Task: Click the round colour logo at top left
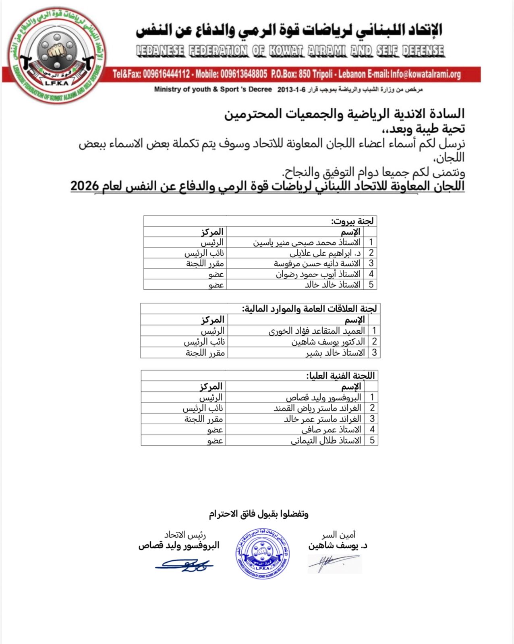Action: pos(57,56)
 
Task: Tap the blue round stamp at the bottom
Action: pos(262,554)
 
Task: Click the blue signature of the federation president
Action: pos(184,565)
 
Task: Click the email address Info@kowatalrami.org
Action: pos(425,74)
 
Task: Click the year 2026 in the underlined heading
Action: pos(85,186)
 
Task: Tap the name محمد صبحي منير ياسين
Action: pos(306,242)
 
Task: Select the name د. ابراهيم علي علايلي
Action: pos(325,253)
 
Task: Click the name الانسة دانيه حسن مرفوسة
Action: pos(317,264)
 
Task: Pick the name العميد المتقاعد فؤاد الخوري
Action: pos(317,331)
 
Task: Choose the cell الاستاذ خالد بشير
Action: pos(335,353)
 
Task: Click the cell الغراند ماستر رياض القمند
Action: pos(317,408)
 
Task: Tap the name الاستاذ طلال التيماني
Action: pos(326,441)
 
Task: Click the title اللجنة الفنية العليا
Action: pos(340,376)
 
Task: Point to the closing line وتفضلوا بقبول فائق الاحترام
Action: pos(258,514)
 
